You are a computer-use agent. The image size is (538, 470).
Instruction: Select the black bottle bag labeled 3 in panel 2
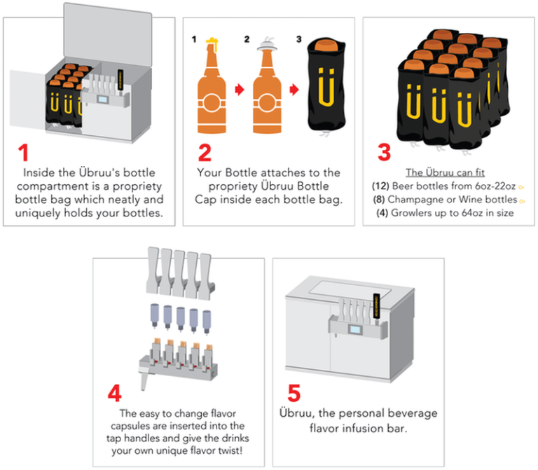(324, 88)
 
